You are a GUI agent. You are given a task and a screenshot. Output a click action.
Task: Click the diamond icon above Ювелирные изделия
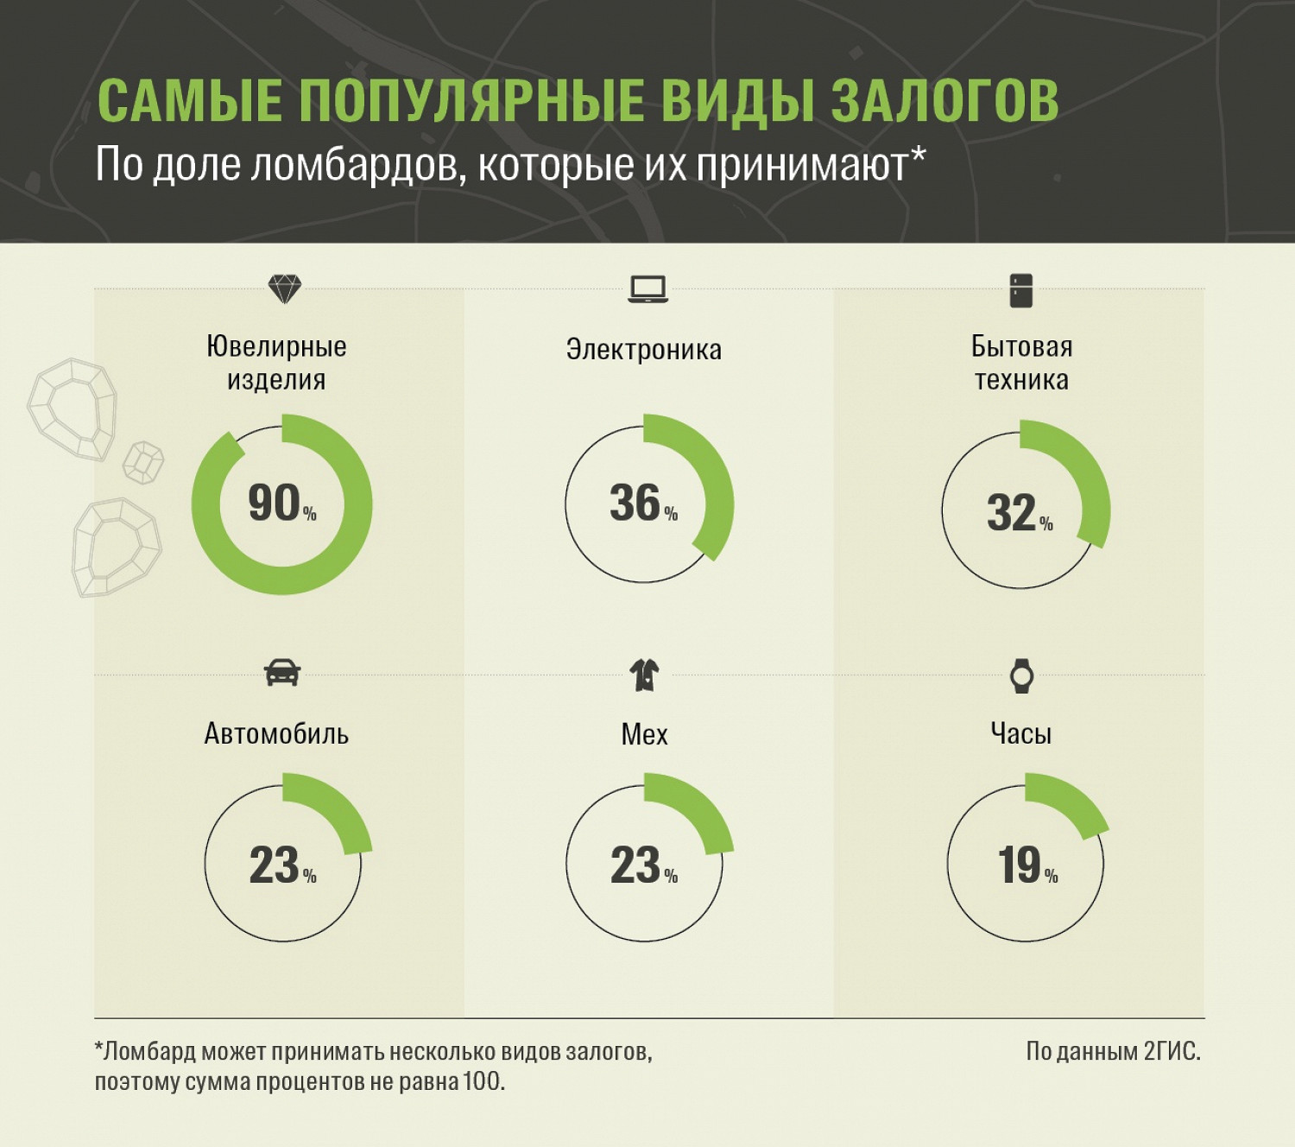[x=284, y=288]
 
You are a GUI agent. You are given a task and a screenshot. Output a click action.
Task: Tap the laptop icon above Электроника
[x=647, y=289]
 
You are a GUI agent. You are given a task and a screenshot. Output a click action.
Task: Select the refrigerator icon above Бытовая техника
[x=1020, y=290]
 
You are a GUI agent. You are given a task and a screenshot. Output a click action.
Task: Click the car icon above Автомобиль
[x=282, y=672]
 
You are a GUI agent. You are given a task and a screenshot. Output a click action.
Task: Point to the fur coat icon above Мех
[x=644, y=675]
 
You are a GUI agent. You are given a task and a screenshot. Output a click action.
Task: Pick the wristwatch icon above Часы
[x=1021, y=675]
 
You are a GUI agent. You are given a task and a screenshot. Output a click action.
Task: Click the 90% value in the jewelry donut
[x=281, y=504]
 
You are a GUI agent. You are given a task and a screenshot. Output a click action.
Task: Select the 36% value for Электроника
[x=642, y=504]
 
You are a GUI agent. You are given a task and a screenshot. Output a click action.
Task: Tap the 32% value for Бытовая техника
[x=1019, y=513]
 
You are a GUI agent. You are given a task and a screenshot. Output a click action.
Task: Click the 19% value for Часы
[x=1026, y=865]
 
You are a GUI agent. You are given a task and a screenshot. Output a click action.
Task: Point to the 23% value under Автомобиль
[x=281, y=865]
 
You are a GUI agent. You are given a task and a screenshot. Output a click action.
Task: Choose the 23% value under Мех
[x=642, y=865]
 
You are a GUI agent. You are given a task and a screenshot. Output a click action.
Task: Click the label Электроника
[x=643, y=350]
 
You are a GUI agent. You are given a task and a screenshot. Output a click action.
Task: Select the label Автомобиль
[x=276, y=734]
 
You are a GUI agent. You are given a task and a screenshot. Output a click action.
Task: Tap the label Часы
[x=1020, y=734]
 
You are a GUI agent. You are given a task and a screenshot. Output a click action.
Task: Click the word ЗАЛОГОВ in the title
[x=944, y=101]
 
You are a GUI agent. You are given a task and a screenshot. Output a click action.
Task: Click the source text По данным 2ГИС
[x=1113, y=1051]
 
